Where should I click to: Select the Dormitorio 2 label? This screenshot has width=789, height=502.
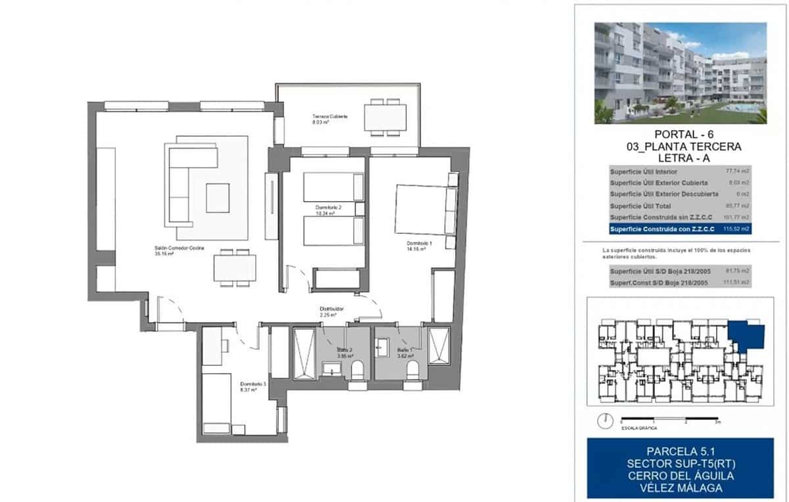(x=331, y=210)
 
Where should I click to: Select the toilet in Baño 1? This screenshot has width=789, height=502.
(x=414, y=372)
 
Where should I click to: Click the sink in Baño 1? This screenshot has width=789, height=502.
(x=383, y=346)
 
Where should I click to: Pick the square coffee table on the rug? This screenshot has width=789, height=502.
(x=218, y=198)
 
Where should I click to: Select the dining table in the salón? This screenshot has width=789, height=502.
(x=235, y=268)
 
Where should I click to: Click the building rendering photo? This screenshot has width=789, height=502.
(x=681, y=73)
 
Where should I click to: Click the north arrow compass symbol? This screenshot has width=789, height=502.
(x=604, y=421)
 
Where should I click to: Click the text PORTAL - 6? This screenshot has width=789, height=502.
(x=681, y=135)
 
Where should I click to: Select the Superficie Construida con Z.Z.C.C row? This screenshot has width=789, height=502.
(x=681, y=229)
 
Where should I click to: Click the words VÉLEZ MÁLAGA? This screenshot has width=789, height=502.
(x=681, y=488)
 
